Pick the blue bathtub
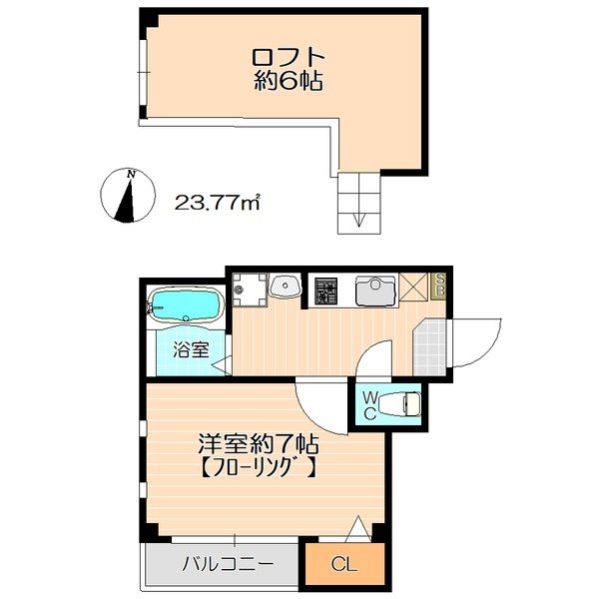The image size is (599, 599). (x=187, y=303)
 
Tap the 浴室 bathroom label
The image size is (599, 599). (x=190, y=349)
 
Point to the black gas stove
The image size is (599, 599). (x=324, y=291)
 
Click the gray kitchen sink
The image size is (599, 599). (x=374, y=290)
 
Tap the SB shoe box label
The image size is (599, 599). (x=438, y=288)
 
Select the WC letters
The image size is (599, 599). (x=368, y=405)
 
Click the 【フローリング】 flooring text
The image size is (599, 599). (x=258, y=466)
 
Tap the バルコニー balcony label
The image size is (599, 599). (x=228, y=564)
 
